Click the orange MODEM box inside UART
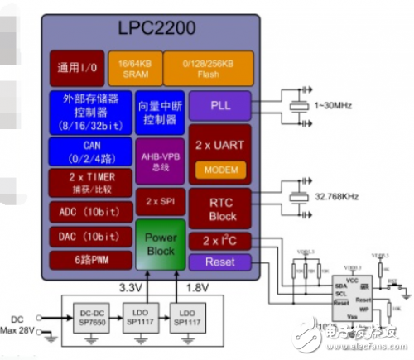coord(219,169)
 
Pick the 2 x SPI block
coord(159,201)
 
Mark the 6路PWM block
coord(90,260)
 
